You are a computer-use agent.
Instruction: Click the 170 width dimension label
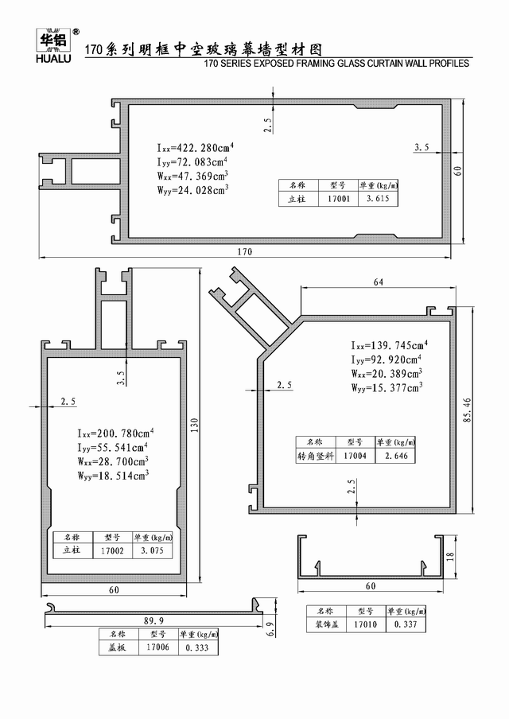244,252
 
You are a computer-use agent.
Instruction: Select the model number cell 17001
339,199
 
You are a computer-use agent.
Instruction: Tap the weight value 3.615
378,199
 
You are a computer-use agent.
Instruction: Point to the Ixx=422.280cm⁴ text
196,148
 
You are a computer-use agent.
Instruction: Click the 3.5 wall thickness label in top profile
422,147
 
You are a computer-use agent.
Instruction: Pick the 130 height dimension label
194,426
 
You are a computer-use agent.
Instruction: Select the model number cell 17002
112,550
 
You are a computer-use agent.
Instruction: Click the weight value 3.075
152,550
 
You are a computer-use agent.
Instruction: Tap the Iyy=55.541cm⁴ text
113,447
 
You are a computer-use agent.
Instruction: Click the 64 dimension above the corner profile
379,282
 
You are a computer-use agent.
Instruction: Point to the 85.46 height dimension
467,410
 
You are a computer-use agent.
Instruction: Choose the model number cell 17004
355,456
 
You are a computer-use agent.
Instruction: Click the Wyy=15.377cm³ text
387,387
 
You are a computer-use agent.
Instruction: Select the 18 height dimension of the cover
450,556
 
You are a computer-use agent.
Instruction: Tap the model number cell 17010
366,624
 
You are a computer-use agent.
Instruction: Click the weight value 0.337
406,624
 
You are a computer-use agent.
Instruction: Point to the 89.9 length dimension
153,621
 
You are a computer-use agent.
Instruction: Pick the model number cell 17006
157,647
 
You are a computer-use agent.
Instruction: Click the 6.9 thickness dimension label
270,628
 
